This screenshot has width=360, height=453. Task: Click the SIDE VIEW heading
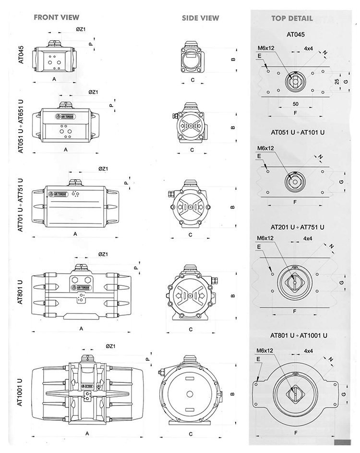pos(200,18)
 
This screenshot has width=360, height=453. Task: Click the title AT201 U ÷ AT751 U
pos(298,226)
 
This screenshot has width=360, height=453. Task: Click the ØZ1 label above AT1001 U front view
pos(109,346)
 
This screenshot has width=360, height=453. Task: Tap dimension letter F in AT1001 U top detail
pos(296,433)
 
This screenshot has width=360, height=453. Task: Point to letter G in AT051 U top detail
pos(341,182)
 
